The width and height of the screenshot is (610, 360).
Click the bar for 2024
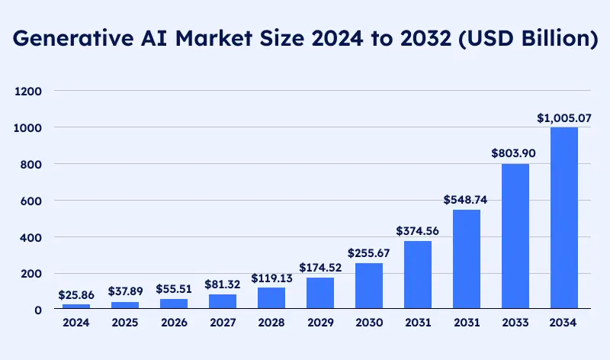76,307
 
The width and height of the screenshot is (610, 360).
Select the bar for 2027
223,302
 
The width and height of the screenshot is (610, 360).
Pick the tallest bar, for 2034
564,218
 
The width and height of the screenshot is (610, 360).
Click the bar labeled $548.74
467,259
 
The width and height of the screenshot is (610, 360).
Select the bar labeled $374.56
418,275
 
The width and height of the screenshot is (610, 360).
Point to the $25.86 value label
76,294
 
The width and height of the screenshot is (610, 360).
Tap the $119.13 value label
271,278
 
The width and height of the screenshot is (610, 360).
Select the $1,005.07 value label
564,117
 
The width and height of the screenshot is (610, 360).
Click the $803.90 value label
515,153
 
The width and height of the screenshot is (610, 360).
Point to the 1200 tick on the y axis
27,92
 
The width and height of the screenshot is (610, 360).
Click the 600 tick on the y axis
30,201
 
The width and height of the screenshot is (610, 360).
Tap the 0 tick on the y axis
37,310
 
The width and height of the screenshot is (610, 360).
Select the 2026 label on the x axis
174,323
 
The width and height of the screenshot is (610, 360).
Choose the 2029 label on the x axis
320,323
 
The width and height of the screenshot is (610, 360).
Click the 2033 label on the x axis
515,323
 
